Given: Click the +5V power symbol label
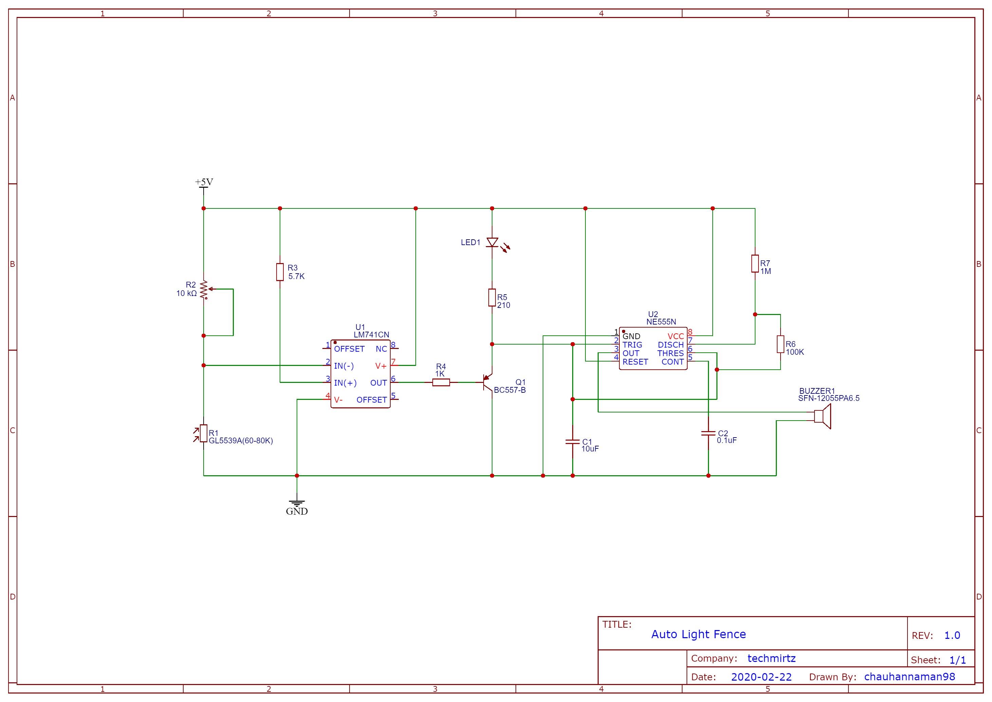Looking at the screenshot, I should pos(204,182).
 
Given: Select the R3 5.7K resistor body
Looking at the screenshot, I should pos(280,272).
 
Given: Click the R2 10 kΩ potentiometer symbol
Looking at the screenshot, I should pos(204,289).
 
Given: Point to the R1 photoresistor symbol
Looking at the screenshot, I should pos(204,433).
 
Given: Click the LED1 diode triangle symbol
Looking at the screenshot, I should pos(492,242).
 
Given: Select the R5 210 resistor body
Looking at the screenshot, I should pos(492,297).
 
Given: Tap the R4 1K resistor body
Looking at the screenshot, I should pos(441,383).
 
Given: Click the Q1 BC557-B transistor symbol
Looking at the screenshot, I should pos(487,383).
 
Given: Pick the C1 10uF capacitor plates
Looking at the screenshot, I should pos(573,441).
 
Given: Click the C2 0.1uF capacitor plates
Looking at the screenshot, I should pos(708,433).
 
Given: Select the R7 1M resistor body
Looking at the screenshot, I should pos(755,264).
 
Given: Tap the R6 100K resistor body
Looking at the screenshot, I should pos(780,344).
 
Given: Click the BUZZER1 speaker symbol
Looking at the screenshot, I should pos(822,416).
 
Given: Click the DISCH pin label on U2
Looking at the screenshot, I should pos(671,345).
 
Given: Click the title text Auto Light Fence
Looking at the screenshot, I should pos(698,634).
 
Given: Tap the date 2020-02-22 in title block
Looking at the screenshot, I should pos(761,677).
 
